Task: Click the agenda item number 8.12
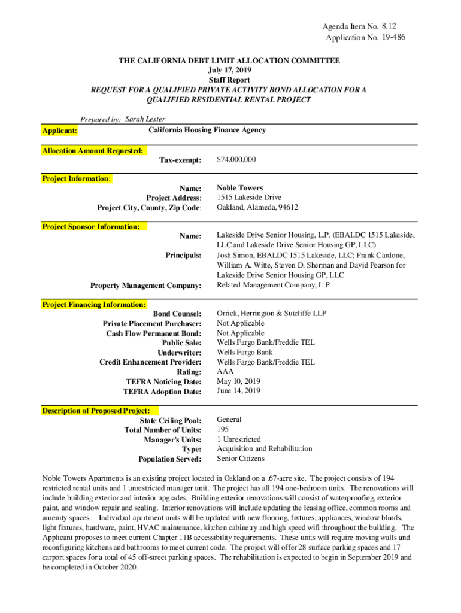pyautogui.click(x=389, y=26)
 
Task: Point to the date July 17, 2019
pyautogui.click(x=230, y=71)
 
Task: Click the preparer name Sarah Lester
pyautogui.click(x=145, y=119)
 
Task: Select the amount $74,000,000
pyautogui.click(x=236, y=160)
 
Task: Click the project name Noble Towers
pyautogui.click(x=239, y=188)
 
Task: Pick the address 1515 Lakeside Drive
pyautogui.click(x=249, y=198)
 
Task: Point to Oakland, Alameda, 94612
pyautogui.click(x=257, y=207)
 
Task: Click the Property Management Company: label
pyautogui.click(x=145, y=286)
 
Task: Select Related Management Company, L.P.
pyautogui.click(x=274, y=285)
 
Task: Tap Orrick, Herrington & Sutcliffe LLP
pyautogui.click(x=272, y=314)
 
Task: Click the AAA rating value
pyautogui.click(x=225, y=371)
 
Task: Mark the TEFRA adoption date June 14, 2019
pyautogui.click(x=239, y=391)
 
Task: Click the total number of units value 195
pyautogui.click(x=223, y=430)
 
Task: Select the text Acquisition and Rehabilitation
pyautogui.click(x=264, y=448)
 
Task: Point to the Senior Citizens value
pyautogui.click(x=241, y=459)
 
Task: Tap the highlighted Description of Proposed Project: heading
pyautogui.click(x=99, y=411)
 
